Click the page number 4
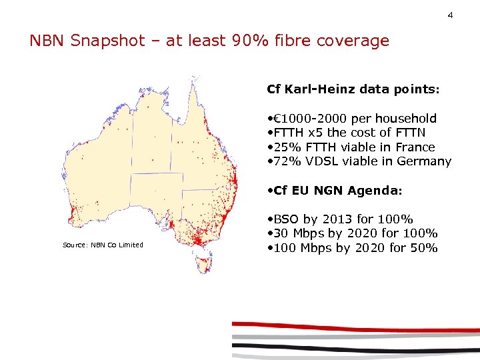coord(450,15)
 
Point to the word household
coord(406,119)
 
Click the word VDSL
coord(323,161)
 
